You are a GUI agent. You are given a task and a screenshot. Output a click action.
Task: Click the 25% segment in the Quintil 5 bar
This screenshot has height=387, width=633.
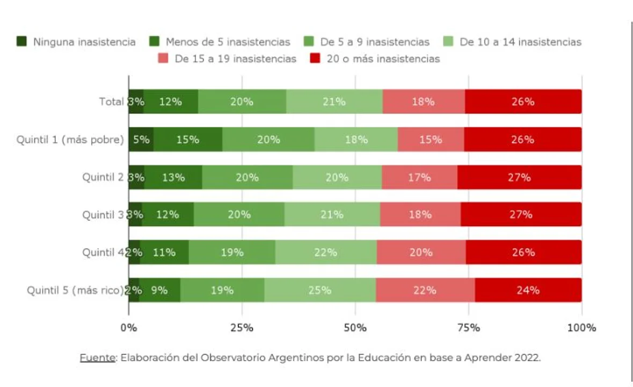[319, 290]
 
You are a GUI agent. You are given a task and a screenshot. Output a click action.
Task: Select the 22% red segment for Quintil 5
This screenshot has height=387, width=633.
[425, 290]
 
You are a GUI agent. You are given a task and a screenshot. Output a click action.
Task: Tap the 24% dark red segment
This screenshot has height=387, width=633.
[528, 290]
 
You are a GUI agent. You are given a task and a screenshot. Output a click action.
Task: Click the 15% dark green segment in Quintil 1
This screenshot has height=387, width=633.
[188, 140]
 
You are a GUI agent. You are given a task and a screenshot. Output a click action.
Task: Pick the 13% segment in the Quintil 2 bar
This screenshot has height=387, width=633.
[173, 177]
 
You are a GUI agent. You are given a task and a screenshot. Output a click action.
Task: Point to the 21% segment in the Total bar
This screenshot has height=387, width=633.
[334, 102]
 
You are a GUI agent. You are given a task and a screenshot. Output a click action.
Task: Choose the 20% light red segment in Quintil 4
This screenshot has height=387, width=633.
[421, 253]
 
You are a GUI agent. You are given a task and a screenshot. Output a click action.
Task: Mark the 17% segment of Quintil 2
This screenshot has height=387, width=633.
[419, 177]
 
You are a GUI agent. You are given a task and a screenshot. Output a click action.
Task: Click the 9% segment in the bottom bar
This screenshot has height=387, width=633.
[159, 290]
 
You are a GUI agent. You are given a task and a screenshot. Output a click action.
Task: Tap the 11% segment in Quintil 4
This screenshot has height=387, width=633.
[164, 253]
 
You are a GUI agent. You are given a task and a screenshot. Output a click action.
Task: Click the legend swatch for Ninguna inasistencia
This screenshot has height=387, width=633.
[22, 41]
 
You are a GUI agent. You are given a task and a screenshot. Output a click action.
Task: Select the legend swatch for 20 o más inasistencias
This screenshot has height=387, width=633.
[316, 59]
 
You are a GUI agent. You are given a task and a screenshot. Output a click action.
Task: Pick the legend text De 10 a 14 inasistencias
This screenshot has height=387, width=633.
[520, 42]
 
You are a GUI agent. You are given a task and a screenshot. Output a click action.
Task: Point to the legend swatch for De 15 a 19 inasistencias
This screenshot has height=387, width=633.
[163, 59]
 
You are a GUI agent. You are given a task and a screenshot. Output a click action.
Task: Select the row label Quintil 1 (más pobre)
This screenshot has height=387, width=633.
[70, 140]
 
